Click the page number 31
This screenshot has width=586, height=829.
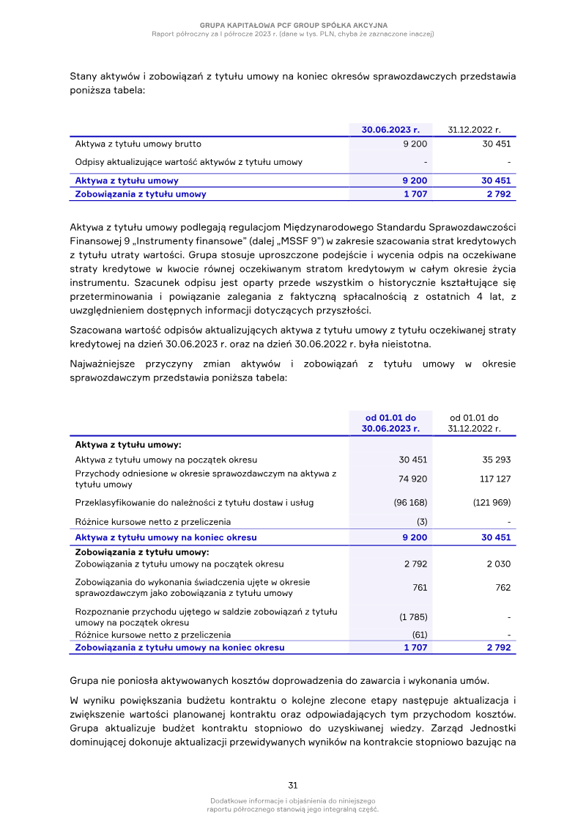292,785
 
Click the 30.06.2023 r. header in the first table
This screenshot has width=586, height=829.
390,130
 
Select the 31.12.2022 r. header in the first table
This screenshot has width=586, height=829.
474,130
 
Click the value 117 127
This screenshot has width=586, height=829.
495,479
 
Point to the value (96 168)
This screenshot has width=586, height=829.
410,503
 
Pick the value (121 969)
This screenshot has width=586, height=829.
492,503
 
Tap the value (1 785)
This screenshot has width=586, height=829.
413,616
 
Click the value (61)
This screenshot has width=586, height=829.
420,635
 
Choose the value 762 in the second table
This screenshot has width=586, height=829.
502,587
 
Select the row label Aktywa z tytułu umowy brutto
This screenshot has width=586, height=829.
138,144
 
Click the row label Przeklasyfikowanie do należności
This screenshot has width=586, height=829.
196,503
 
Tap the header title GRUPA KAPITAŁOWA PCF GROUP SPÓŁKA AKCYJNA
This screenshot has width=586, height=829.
293,25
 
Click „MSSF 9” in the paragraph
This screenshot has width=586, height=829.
338,240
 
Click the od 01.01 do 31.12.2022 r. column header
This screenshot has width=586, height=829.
474,423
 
